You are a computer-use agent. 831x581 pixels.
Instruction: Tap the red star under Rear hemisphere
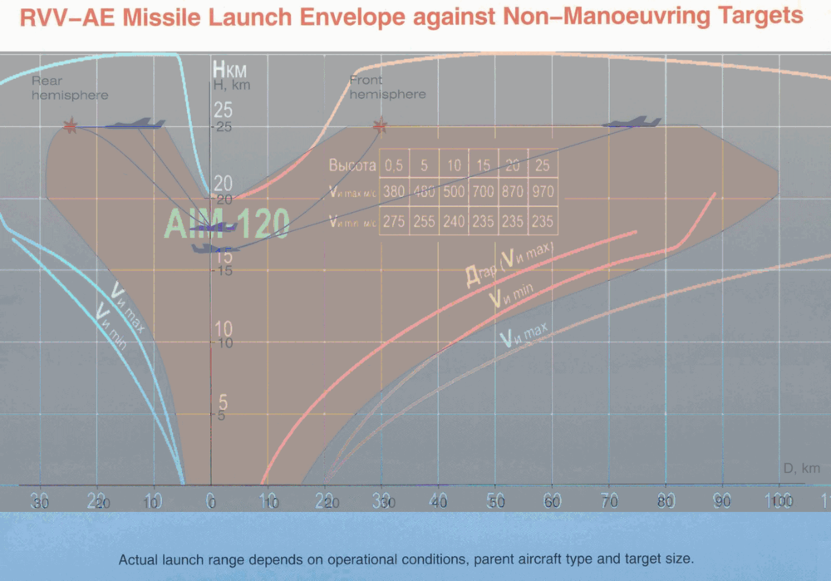pyautogui.click(x=71, y=126)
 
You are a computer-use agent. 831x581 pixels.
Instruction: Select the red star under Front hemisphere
pyautogui.click(x=381, y=126)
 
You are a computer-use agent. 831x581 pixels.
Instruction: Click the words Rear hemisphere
pyautogui.click(x=70, y=88)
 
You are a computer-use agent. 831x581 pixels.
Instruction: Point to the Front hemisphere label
pyautogui.click(x=387, y=87)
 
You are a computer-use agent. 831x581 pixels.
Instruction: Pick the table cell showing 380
pyautogui.click(x=395, y=192)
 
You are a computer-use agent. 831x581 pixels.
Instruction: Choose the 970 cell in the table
pyautogui.click(x=542, y=192)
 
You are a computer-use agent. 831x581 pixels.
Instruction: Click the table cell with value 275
pyautogui.click(x=395, y=221)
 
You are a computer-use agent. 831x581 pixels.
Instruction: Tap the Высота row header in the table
pyautogui.click(x=352, y=165)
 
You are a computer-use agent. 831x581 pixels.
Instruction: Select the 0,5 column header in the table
pyautogui.click(x=395, y=165)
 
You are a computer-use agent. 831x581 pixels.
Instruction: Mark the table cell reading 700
pyautogui.click(x=484, y=192)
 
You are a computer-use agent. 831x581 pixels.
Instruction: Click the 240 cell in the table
pyautogui.click(x=454, y=221)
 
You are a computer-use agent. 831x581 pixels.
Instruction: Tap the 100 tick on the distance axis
pyautogui.click(x=779, y=501)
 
